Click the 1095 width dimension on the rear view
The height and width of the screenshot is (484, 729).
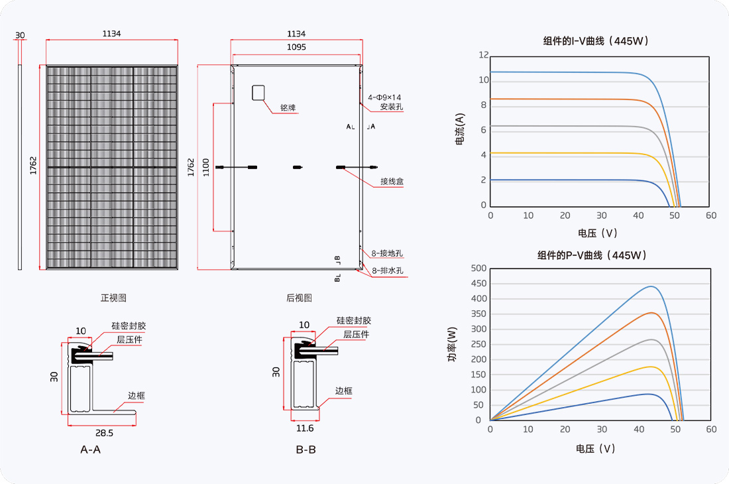tap(296, 47)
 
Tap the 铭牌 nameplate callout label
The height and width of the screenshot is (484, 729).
tap(288, 108)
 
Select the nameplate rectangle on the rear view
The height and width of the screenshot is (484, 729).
tap(258, 93)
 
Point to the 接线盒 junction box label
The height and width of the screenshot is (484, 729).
tap(392, 181)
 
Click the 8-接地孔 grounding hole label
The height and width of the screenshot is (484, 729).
tap(387, 253)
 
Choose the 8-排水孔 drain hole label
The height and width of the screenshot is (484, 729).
tap(387, 271)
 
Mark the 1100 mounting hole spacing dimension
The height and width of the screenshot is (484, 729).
tap(206, 167)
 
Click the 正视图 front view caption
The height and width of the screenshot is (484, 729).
tap(113, 298)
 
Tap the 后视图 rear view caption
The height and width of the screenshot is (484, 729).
tap(299, 298)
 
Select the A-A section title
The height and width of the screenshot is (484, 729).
tap(90, 450)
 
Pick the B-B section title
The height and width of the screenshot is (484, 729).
tap(306, 450)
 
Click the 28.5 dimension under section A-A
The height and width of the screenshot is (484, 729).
tap(104, 433)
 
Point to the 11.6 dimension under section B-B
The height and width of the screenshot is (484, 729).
tap(305, 428)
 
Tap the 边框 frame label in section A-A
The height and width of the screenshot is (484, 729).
tap(137, 396)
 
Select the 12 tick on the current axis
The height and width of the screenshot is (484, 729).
tap(484, 55)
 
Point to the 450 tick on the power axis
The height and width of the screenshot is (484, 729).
tap(479, 283)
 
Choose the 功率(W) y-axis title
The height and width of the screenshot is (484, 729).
tap(452, 344)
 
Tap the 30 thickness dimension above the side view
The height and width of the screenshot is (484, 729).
tap(20, 35)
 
